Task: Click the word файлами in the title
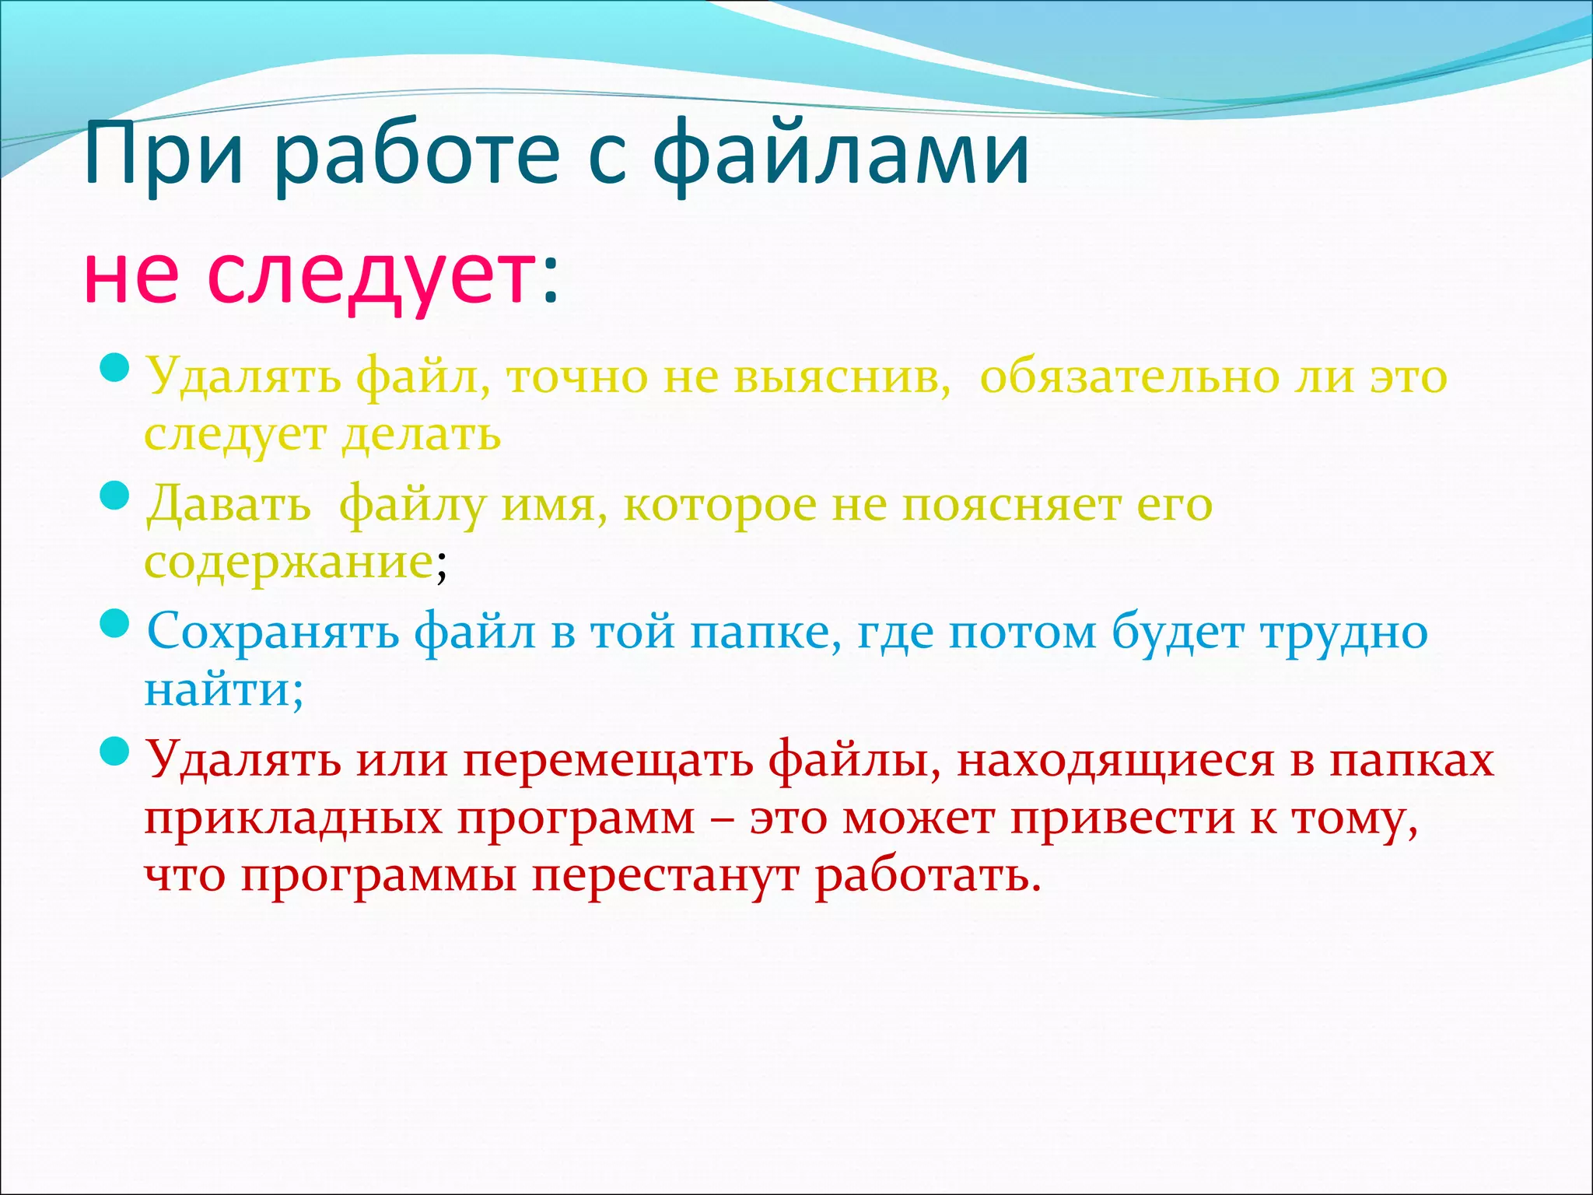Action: (x=840, y=156)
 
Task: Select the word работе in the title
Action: (x=416, y=156)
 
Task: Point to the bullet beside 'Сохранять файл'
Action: (x=114, y=623)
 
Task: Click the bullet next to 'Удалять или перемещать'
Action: (x=114, y=751)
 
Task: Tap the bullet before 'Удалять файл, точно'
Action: (x=114, y=366)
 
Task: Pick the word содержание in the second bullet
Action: (x=288, y=562)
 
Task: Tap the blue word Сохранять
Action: (x=273, y=632)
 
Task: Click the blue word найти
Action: (x=217, y=689)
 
